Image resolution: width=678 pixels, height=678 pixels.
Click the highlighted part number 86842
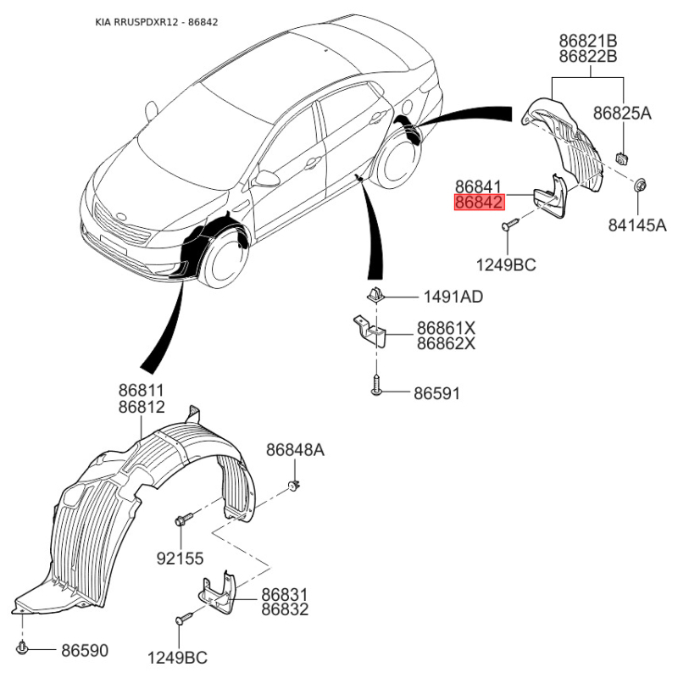pyautogui.click(x=480, y=203)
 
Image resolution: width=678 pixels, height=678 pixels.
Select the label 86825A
pyautogui.click(x=622, y=114)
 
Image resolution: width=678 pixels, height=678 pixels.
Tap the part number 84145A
pyautogui.click(x=637, y=225)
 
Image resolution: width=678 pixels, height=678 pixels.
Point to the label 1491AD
pyautogui.click(x=453, y=297)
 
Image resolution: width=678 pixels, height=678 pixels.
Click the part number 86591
pyautogui.click(x=436, y=393)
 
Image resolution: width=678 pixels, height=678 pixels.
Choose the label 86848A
pyautogui.click(x=295, y=450)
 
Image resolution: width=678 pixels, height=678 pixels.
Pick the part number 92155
pyautogui.click(x=180, y=559)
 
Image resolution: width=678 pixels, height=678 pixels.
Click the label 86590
pyautogui.click(x=85, y=650)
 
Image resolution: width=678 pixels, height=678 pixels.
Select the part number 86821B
pyautogui.click(x=588, y=41)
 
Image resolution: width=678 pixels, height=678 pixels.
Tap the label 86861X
pyautogui.click(x=446, y=328)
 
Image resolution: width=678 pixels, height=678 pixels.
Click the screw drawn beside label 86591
pyautogui.click(x=376, y=385)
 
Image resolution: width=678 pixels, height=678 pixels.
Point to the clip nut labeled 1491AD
pyautogui.click(x=375, y=294)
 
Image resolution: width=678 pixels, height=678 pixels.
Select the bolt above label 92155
pyautogui.click(x=184, y=518)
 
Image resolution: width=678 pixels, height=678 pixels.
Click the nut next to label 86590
pyautogui.click(x=22, y=647)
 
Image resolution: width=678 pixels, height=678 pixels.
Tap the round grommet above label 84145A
pyautogui.click(x=640, y=185)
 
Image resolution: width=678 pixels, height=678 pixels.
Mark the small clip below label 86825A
pyautogui.click(x=622, y=158)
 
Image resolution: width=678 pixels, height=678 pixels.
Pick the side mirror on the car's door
pyautogui.click(x=265, y=179)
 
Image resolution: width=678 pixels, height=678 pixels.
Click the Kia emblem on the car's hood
pyautogui.click(x=120, y=216)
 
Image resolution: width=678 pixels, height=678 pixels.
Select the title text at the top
pyautogui.click(x=157, y=22)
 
